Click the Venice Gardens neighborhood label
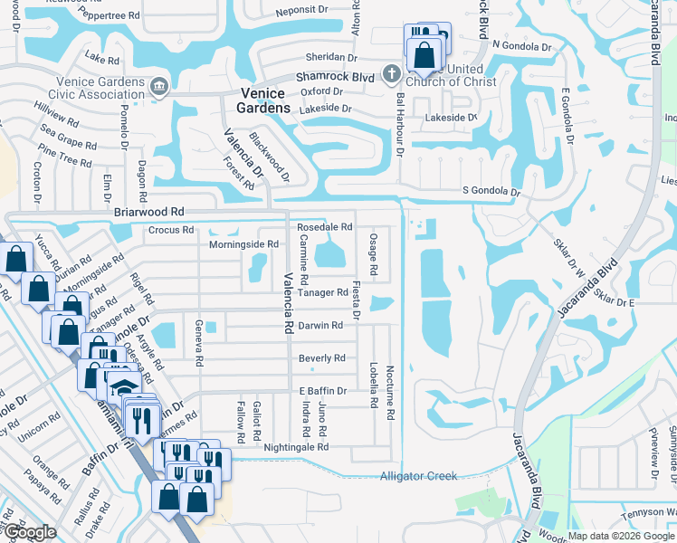pos(265,100)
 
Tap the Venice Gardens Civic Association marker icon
pos(159,86)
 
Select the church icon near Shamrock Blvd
pos(391,72)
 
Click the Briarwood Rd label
pos(149,211)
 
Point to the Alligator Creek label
pos(418,476)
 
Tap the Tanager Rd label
pos(322,292)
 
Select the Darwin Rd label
pos(321,325)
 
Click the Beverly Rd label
pos(322,357)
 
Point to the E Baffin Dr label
pos(322,390)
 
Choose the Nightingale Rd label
pos(296,447)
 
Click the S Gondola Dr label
pos(491,192)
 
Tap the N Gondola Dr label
pos(521,45)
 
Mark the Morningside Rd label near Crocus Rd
pos(243,244)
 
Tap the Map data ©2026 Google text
pos(621,536)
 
